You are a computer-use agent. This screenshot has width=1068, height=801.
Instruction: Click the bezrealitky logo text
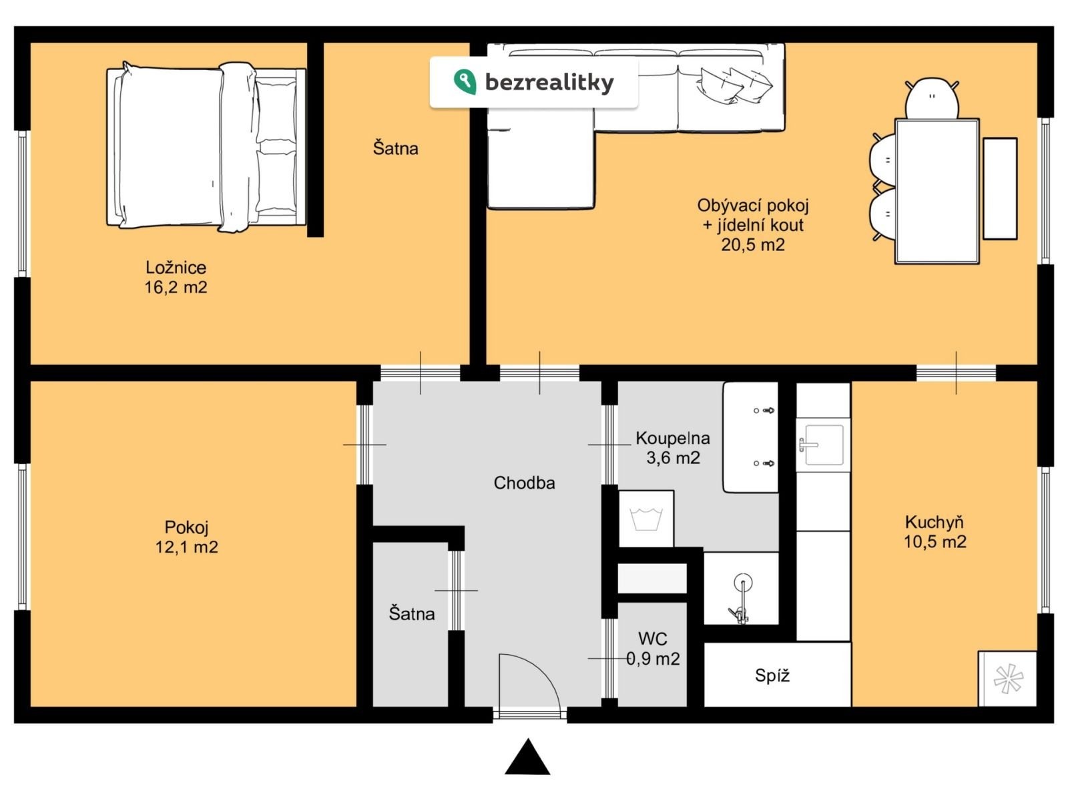pos(549,82)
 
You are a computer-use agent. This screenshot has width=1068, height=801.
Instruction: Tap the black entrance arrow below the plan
pos(527,757)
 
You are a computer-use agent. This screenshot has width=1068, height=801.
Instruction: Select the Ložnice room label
pos(176,268)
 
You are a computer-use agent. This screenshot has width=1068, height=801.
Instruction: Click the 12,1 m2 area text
pos(186,547)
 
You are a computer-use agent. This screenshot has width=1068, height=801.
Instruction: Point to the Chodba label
pos(524,483)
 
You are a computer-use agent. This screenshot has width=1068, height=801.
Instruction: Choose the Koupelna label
pos(672,438)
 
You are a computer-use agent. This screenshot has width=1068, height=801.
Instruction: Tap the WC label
pos(652,639)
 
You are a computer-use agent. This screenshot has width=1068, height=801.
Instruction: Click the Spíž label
pos(772,675)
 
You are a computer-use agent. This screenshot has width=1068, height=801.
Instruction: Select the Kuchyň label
pos(934,522)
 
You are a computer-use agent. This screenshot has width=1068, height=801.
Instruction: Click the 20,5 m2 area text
pos(753,244)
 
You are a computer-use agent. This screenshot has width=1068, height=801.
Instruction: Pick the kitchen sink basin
pos(824,445)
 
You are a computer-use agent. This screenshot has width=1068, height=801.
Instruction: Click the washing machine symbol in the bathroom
pos(646,519)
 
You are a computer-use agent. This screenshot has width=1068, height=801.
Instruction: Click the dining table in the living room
pos(937,192)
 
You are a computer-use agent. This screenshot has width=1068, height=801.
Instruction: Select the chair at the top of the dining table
pos(931,99)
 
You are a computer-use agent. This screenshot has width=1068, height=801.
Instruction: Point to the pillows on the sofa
pos(736,85)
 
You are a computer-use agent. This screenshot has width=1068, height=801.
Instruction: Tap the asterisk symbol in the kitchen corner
pos(1008,679)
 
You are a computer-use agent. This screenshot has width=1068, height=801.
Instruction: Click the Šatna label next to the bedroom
pos(395,148)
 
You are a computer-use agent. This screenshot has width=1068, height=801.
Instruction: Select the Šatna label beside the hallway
pos(411,613)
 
